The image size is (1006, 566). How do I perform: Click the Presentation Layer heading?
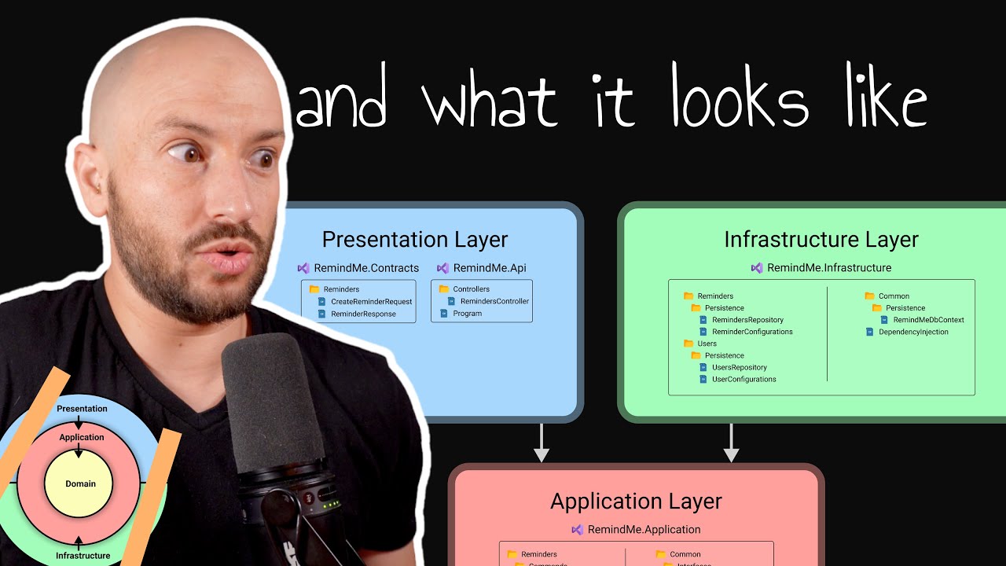pos(415,240)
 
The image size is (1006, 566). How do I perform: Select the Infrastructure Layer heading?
pos(821,240)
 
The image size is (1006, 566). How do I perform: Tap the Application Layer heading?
pos(636,502)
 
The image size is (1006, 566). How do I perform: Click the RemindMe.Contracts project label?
pos(365,268)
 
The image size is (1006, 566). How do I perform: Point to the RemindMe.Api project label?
pos(489,268)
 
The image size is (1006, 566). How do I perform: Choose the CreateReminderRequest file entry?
pos(371,302)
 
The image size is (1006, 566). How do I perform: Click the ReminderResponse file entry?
pos(363,314)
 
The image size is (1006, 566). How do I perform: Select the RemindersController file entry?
pos(494,301)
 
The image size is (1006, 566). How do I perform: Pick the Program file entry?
pos(467,314)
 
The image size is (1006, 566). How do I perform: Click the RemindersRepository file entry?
pos(747,320)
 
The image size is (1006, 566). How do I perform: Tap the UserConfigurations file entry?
pos(743,379)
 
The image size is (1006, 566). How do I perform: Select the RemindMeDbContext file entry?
pos(928,320)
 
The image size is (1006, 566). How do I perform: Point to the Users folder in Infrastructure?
pos(707,344)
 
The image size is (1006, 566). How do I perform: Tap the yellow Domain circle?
pos(80,483)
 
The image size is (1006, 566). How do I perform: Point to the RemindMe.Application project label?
pos(643,530)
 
